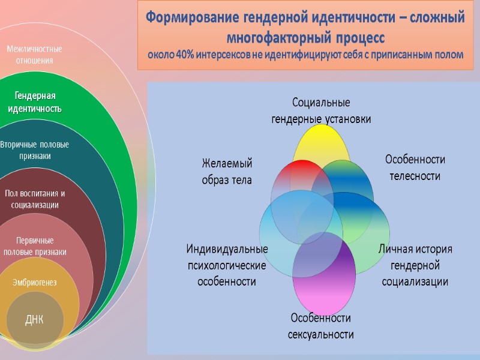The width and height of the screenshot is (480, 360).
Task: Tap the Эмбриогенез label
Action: pos(35,282)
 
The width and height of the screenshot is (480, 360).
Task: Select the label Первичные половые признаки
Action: pos(35,246)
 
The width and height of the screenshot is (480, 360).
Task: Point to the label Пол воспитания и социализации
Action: pos(34,199)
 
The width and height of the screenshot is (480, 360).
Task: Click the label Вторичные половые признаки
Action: pos(34,150)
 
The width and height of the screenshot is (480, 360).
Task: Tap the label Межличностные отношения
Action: pos(34,54)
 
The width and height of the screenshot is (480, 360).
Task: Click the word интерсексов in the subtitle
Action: pos(227,55)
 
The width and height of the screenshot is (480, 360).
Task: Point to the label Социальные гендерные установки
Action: pos(321,110)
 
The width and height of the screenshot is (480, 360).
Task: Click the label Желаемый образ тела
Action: pos(227,171)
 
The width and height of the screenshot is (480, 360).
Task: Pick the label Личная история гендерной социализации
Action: pos(415,265)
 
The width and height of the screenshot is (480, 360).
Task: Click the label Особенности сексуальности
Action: pos(321,325)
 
